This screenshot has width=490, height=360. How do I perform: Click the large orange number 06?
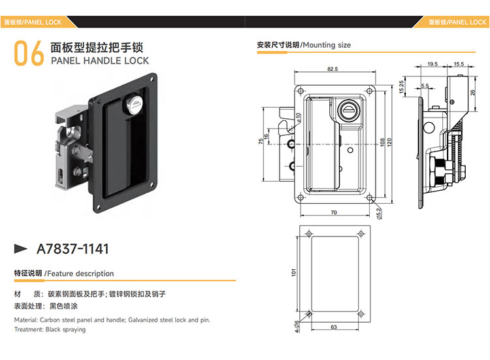coord(29,53)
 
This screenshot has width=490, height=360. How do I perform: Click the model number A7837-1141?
coord(73,249)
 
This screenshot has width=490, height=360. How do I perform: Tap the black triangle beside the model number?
coord(21,248)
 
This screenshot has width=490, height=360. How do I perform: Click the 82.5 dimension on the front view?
coord(333,69)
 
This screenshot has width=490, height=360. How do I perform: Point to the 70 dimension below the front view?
coord(334,212)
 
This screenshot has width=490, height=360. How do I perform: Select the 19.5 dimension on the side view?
coord(433,64)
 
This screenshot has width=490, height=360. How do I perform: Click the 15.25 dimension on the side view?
coord(402,86)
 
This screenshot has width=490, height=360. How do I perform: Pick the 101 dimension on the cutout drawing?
coord(293,272)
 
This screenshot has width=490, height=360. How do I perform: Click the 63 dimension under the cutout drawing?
coord(334,327)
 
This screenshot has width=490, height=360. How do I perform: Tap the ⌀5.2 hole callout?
coord(379,214)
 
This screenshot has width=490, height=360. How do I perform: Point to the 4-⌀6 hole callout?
coord(297,327)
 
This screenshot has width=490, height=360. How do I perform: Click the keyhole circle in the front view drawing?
coord(348,110)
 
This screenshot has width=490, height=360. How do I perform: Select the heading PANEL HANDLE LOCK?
coord(100,61)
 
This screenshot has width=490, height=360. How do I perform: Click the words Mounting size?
coord(327,45)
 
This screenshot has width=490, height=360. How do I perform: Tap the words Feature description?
coord(80,274)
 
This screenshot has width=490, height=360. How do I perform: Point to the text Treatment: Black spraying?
coord(50,329)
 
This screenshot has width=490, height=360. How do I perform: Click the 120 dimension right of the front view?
coord(389,142)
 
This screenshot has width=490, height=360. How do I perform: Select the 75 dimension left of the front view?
coord(261,141)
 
